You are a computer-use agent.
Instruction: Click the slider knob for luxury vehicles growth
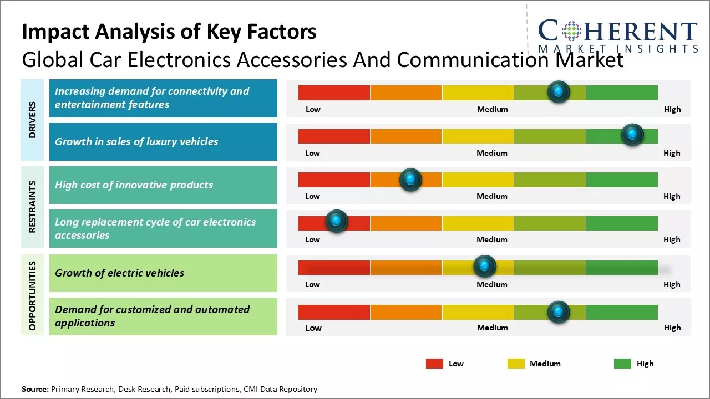point(632,134)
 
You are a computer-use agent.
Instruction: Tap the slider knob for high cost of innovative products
point(410,179)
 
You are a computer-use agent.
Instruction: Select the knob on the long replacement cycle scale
point(336,221)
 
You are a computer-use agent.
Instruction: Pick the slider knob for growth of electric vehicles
point(485,267)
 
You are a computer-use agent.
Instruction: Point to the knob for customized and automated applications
point(559,312)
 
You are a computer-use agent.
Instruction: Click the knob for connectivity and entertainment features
point(559,91)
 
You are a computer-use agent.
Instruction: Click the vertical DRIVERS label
point(32,120)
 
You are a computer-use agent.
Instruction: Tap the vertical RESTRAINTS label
point(32,207)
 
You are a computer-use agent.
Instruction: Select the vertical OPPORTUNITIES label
point(32,296)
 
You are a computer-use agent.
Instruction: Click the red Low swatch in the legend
point(434,364)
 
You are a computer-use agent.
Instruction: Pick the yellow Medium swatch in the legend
point(516,364)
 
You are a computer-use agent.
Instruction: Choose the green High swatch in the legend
point(622,364)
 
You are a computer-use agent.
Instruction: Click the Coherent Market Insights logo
point(618,35)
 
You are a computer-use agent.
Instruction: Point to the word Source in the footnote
point(34,389)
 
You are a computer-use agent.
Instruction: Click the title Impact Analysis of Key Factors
point(169,32)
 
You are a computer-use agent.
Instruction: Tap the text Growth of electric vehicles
point(119,273)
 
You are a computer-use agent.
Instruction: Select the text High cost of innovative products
point(134,185)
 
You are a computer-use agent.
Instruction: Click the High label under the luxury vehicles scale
point(672,153)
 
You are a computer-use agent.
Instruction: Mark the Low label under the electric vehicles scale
point(312,284)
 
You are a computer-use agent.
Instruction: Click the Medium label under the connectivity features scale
point(492,109)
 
